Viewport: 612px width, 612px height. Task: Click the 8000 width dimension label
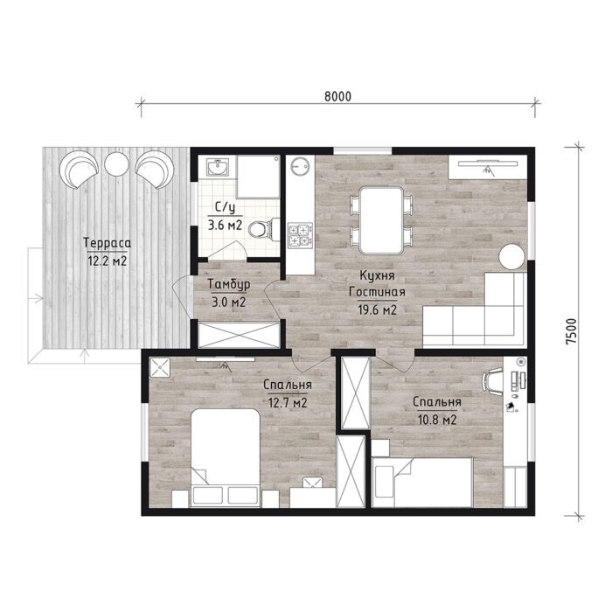click(337, 96)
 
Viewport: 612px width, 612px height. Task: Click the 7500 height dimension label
click(571, 331)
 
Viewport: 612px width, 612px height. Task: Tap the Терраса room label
click(107, 243)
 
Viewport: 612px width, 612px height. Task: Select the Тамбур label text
click(229, 284)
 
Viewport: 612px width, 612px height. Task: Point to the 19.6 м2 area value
click(377, 309)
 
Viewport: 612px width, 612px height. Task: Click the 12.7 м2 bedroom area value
click(288, 402)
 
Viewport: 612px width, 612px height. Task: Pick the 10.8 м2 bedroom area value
click(437, 420)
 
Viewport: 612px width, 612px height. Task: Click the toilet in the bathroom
click(263, 229)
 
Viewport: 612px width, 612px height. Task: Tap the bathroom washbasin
click(218, 167)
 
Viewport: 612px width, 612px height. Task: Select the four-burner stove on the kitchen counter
click(300, 235)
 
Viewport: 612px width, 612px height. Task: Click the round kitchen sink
click(300, 167)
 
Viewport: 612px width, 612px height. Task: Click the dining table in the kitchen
click(381, 220)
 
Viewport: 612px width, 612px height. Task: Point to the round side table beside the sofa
click(511, 256)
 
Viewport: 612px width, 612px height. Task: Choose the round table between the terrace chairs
click(116, 163)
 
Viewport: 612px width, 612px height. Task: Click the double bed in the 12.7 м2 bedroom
click(226, 458)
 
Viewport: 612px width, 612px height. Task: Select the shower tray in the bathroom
click(258, 177)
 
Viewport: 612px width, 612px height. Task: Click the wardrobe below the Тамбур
click(239, 335)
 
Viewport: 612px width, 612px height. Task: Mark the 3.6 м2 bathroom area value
click(226, 225)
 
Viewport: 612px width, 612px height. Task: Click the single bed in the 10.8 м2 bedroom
click(422, 483)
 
